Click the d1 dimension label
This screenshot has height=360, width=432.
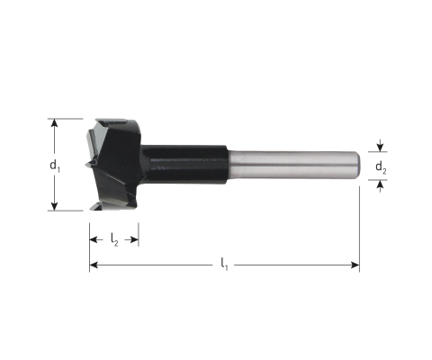coord(55,166)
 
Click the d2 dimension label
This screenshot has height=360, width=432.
coord(381,167)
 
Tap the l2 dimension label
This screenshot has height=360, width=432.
coord(114,240)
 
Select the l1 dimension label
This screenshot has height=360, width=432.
coord(224,265)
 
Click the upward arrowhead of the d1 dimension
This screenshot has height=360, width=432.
coord(54,122)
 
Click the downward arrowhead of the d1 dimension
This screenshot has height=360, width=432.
coord(54,206)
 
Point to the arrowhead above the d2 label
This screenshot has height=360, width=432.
coord(380,148)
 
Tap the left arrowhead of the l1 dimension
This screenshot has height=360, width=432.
coord(94,265)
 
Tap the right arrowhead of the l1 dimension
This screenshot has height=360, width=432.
coord(355,265)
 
